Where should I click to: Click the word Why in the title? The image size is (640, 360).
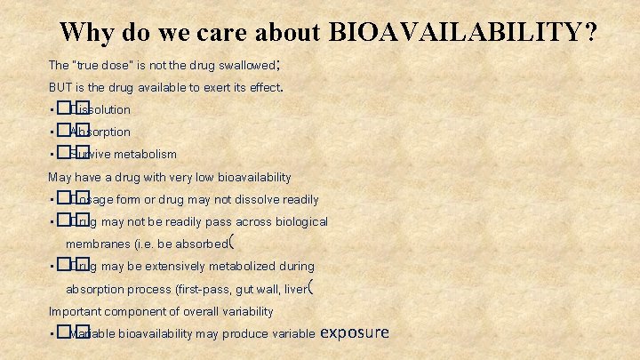point(84,32)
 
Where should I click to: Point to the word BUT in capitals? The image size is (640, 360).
point(60,88)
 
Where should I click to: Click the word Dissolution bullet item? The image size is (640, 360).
point(100,110)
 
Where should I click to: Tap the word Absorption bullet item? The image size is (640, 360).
point(100,132)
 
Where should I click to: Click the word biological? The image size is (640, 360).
point(296,222)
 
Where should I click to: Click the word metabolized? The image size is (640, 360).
point(245,267)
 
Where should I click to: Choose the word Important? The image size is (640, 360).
point(76,312)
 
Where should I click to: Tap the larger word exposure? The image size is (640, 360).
point(354,333)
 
